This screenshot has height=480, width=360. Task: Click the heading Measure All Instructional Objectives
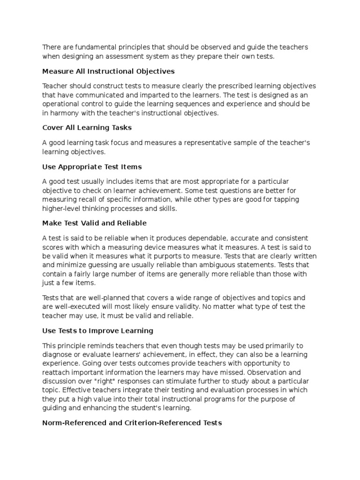[108, 71]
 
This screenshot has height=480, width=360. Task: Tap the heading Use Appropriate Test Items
[92, 166]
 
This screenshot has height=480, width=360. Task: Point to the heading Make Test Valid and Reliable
[94, 223]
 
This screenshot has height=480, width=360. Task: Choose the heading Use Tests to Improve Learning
[97, 330]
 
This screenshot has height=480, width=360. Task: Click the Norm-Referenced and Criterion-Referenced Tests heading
[132, 422]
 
